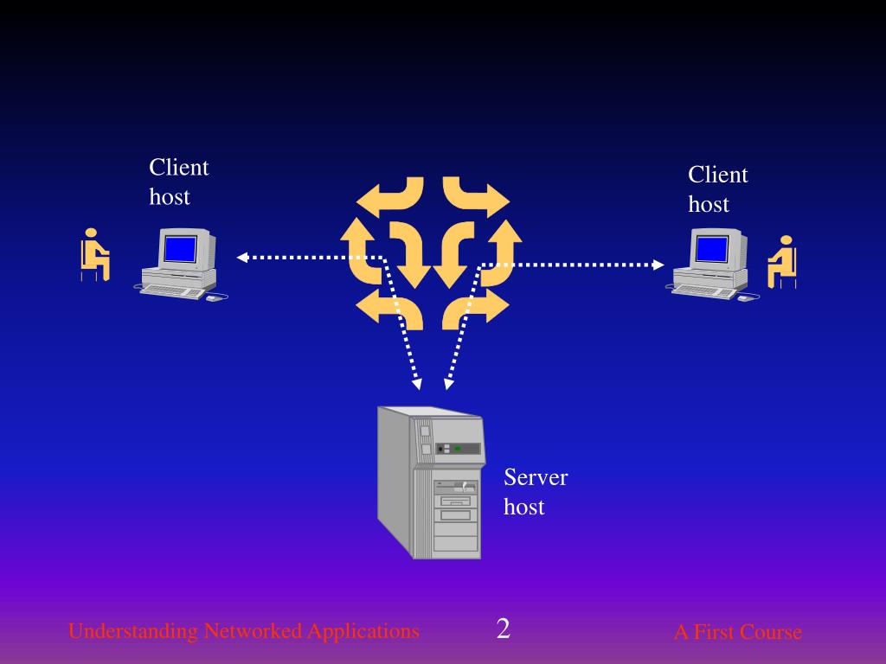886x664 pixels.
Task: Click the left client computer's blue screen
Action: (180, 249)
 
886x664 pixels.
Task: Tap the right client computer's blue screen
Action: (711, 249)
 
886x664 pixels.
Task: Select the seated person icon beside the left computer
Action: (93, 254)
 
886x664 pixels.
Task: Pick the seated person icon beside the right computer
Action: (782, 261)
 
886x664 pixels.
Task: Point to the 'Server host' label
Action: (536, 492)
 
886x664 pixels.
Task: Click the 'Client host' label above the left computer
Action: (178, 182)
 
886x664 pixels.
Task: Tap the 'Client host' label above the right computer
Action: (717, 189)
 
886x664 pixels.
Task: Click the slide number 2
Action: (503, 629)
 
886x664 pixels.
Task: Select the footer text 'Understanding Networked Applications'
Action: (243, 631)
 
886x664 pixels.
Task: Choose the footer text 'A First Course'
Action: (737, 632)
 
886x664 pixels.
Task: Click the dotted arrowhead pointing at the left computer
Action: (243, 257)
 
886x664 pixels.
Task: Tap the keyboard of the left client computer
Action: (171, 290)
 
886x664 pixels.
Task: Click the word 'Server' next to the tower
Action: (536, 477)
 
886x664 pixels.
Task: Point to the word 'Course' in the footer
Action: (772, 632)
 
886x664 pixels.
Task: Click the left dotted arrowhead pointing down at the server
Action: (416, 383)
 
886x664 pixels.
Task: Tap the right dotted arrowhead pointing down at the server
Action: (446, 383)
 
